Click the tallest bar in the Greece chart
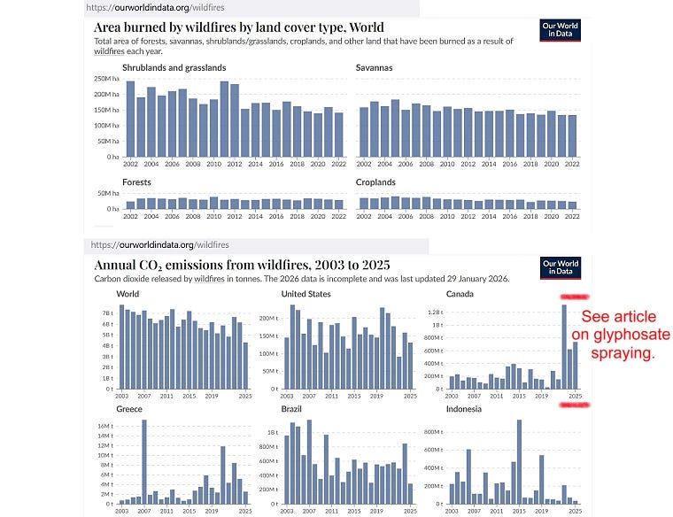(144, 461)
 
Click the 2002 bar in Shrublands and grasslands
(130, 119)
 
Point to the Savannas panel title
(374, 67)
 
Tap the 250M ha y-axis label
(105, 79)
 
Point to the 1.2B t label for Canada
(433, 313)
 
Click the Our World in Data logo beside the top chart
(560, 32)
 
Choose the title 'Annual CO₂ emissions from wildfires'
(242, 265)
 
